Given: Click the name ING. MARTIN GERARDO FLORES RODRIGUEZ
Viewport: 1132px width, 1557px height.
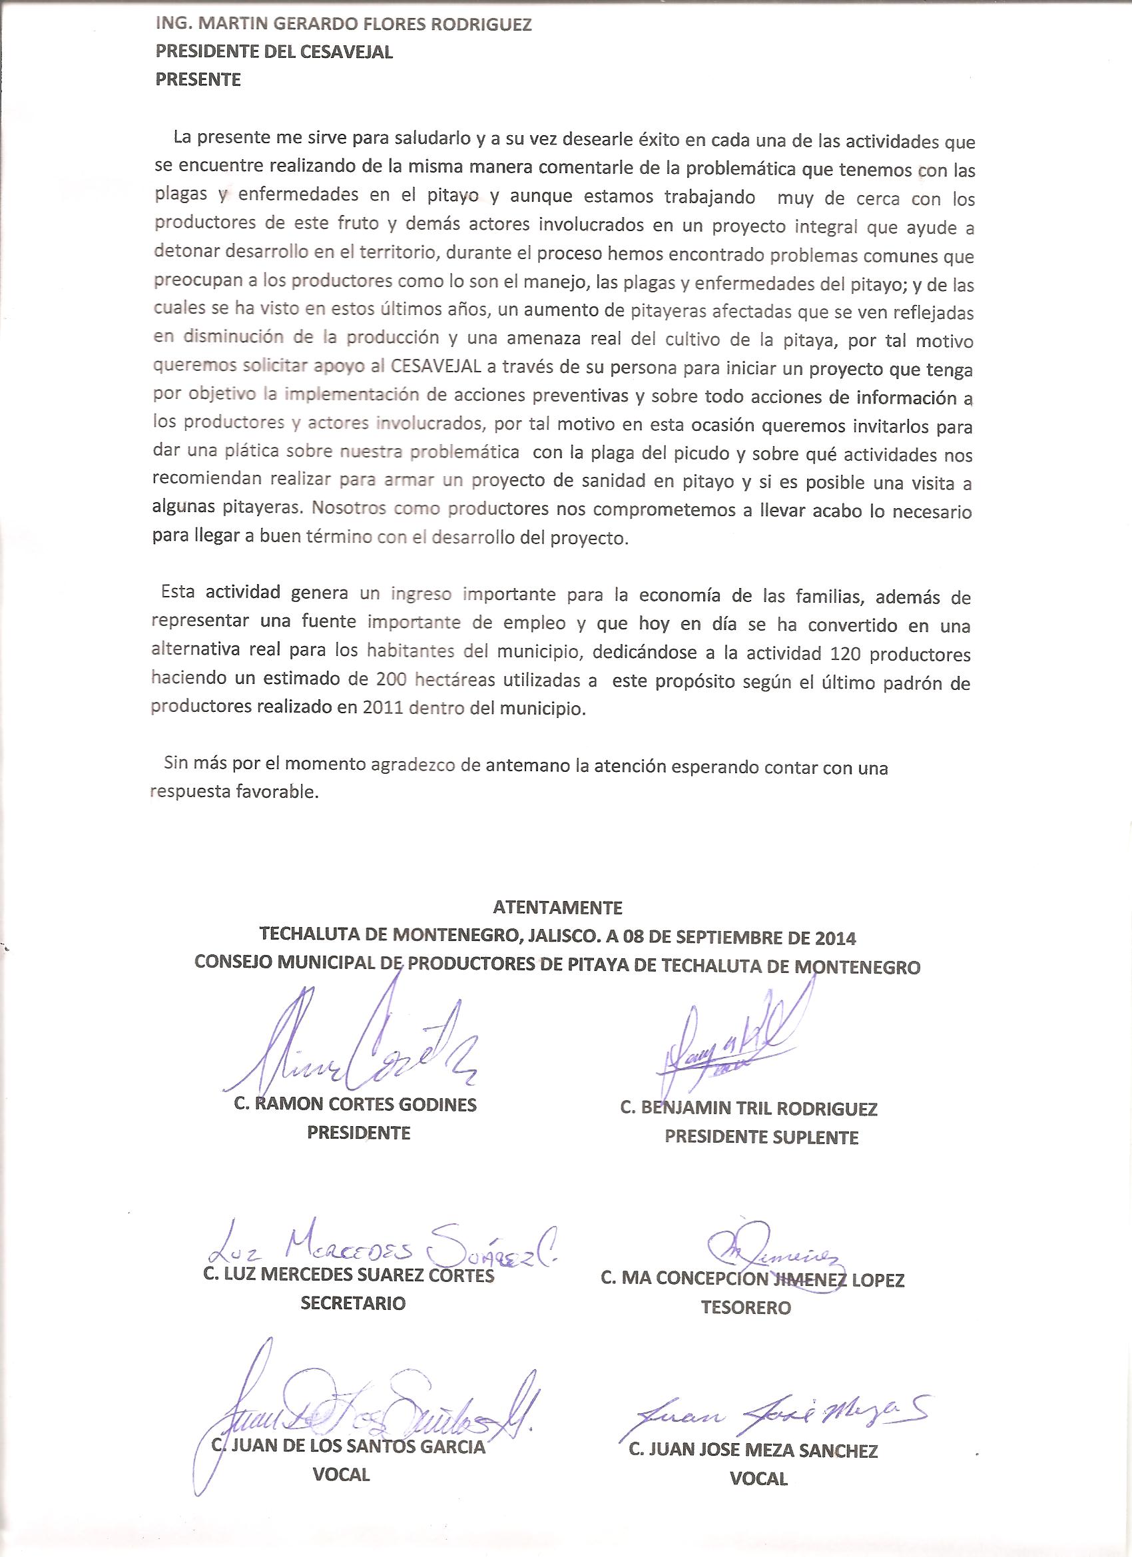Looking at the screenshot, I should coord(343,25).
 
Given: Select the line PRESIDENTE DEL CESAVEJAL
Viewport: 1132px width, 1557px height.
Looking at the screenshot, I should coord(274,53).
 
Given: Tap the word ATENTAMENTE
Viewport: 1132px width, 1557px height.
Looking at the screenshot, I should coord(557,908).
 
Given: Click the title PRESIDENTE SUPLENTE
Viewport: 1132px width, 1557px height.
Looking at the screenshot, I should coord(761,1137).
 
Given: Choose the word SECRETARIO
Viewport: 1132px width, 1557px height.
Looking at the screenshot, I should coord(353,1303).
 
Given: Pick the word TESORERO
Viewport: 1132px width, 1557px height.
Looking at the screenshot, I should coord(746,1307).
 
